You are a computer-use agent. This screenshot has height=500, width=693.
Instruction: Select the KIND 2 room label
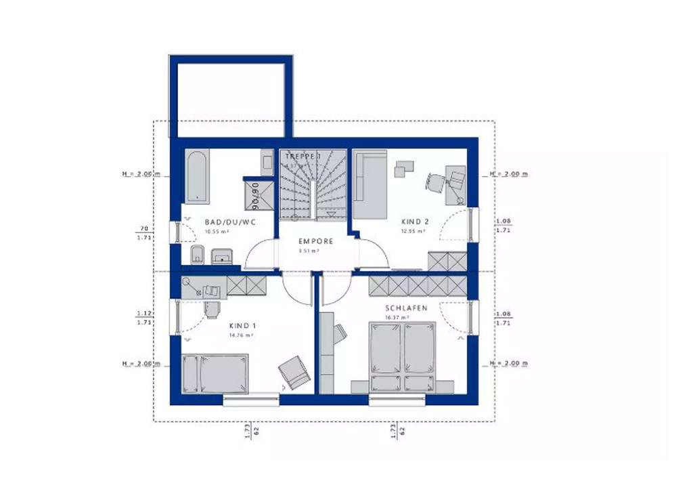(416, 222)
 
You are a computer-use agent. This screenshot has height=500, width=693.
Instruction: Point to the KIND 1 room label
(242, 325)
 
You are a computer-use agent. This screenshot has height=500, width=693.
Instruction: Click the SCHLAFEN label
(406, 308)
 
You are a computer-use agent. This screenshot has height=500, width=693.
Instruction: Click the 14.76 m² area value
(242, 335)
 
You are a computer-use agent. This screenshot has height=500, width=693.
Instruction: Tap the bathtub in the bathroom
(196, 178)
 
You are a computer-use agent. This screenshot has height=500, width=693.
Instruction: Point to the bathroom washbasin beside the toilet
(222, 256)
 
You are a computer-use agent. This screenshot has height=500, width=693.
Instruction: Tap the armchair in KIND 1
(294, 372)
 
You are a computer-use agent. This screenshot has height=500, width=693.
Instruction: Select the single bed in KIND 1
(215, 373)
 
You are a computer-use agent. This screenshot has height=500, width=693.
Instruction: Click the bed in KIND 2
(370, 184)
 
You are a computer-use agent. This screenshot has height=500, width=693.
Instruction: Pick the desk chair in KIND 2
(434, 182)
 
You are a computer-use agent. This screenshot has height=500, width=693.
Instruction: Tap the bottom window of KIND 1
(251, 400)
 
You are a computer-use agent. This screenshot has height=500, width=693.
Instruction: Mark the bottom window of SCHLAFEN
(397, 400)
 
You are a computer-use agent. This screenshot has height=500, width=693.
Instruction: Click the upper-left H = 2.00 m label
(141, 174)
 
